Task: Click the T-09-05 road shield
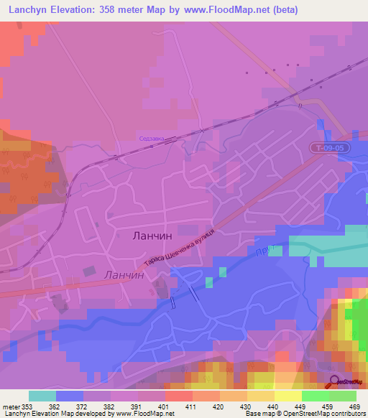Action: click(x=331, y=147)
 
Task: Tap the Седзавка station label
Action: click(x=152, y=139)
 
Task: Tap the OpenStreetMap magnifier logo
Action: click(x=334, y=382)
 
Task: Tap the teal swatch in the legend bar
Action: click(x=42, y=396)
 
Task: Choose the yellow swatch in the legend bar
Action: click(x=287, y=396)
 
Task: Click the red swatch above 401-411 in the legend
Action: click(x=178, y=396)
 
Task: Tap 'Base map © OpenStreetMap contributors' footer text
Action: click(x=303, y=414)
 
